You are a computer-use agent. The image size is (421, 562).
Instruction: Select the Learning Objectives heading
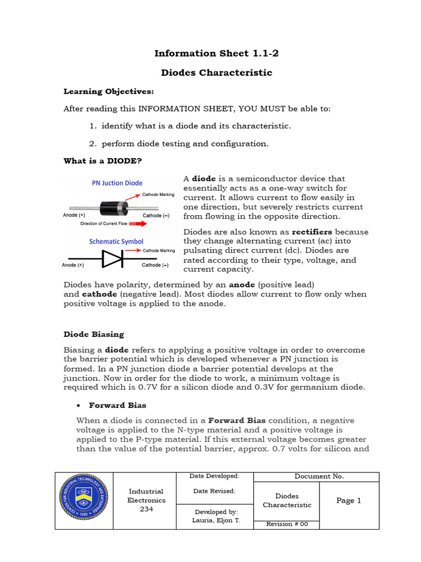click(x=109, y=91)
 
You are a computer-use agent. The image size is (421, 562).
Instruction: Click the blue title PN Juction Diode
click(x=117, y=183)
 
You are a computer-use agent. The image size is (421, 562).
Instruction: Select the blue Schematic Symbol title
click(x=116, y=241)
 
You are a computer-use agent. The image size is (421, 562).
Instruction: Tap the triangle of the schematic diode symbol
click(x=112, y=258)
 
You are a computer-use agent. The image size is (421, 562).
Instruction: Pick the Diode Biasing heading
click(x=94, y=334)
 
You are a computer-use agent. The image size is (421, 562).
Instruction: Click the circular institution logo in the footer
click(x=84, y=501)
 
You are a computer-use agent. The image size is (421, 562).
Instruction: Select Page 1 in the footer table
click(x=349, y=501)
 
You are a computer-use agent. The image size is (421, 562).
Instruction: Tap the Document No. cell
click(x=319, y=476)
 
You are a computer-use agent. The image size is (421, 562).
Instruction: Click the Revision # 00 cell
click(x=287, y=524)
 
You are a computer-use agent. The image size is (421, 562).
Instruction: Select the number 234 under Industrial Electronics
click(x=145, y=509)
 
